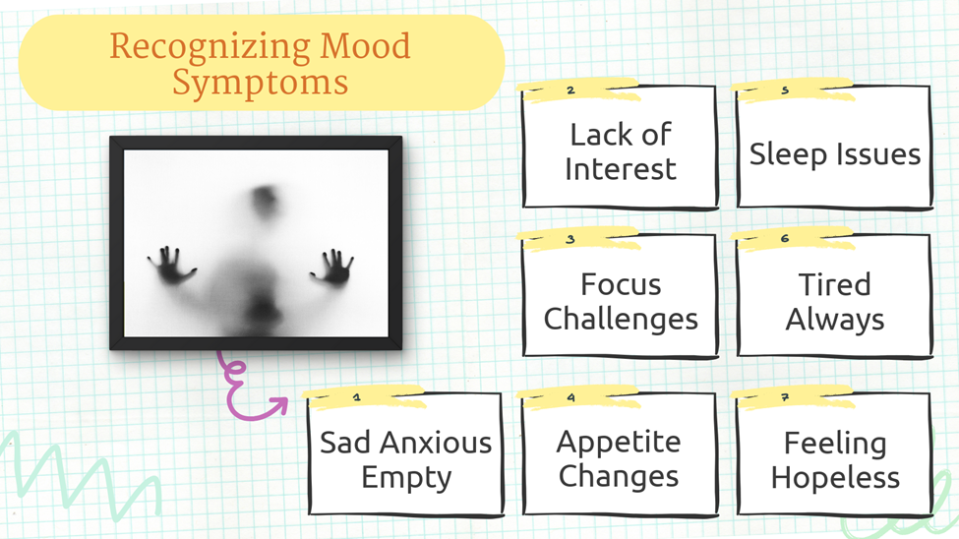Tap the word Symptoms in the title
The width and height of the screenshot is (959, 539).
coord(260,83)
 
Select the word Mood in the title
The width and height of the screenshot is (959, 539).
coord(365,46)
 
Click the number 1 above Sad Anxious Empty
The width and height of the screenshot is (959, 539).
coord(357,397)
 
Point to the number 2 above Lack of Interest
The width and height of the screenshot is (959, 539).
coord(570,90)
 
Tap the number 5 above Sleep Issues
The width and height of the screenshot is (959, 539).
coord(785,90)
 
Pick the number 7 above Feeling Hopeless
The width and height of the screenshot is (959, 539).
coord(785,397)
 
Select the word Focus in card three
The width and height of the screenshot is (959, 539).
coord(621,284)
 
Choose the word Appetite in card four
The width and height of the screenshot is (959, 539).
coord(619,443)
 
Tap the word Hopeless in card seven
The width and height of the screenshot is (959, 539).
coord(835,477)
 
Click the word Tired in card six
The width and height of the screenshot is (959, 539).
coord(835,284)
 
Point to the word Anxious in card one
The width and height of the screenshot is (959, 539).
coord(436,443)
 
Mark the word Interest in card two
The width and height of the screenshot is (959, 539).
coord(621,169)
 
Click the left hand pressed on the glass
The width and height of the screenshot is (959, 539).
coord(172,266)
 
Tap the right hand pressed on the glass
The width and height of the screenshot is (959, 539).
coord(332,268)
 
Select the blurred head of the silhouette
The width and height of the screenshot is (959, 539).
coord(266,201)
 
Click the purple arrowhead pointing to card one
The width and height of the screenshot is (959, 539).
coord(278,404)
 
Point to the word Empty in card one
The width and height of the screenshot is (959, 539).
coord(406,478)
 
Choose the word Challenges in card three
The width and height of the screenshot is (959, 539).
coord(621,320)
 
